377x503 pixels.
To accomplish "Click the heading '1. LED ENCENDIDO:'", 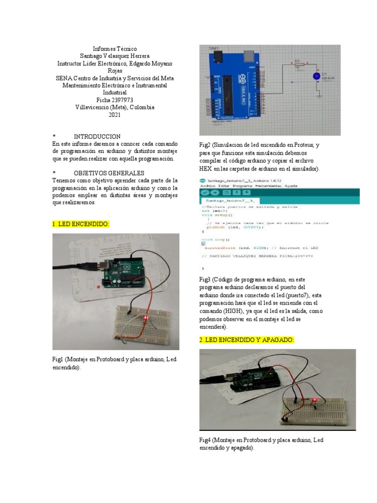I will pos(81,224).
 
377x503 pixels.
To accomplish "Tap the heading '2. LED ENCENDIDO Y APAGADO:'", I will pos(246,340).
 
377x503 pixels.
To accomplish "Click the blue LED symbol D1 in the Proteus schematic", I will pos(317,76).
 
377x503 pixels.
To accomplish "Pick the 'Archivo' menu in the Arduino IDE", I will pos(208,187).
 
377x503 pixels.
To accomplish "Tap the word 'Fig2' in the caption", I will pos(205,145).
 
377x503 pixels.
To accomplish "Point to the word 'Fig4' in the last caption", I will pos(205,441).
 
